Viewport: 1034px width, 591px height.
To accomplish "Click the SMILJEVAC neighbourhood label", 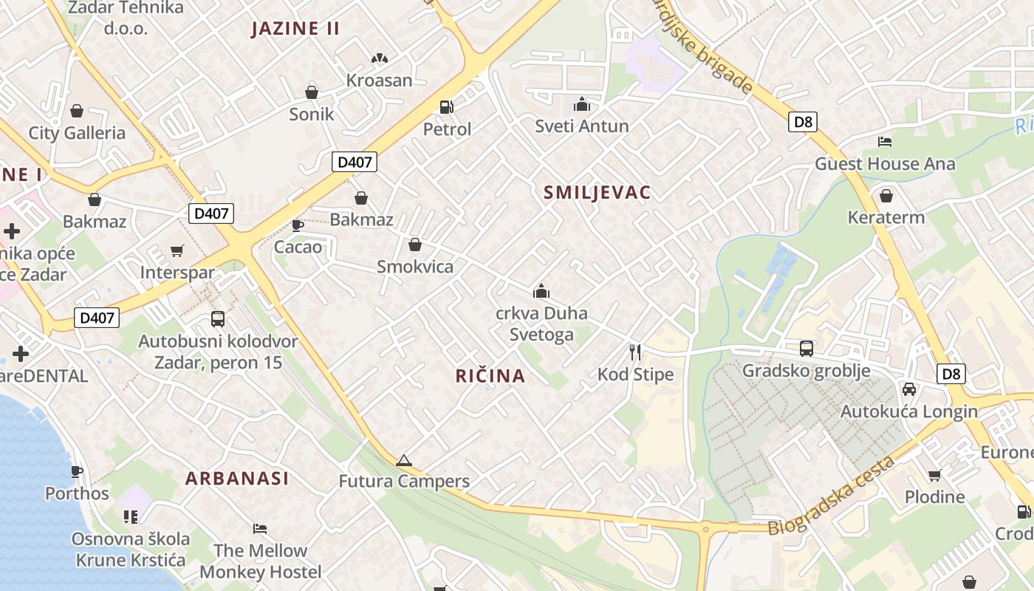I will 597,193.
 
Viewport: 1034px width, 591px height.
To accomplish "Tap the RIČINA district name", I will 490,376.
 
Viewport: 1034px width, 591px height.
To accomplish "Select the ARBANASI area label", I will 237,478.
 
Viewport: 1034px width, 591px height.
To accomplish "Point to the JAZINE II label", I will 295,29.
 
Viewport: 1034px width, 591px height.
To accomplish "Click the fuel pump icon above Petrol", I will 446,107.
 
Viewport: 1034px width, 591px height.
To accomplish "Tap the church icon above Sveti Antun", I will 582,104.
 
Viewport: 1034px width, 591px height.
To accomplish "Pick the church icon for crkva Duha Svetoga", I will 541,291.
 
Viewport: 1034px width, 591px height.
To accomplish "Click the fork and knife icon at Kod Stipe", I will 634,352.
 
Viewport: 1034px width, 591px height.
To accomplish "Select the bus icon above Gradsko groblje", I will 807,349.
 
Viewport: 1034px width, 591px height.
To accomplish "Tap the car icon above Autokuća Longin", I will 909,389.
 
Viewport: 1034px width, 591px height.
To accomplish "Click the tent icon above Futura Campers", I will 403,460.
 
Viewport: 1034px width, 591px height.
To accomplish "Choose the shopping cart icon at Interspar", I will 177,251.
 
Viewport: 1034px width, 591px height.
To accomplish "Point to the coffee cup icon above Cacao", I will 298,225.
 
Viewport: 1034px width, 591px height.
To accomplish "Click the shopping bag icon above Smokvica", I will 415,245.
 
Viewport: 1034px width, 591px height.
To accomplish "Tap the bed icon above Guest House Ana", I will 885,142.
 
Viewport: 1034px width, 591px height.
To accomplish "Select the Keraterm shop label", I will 886,218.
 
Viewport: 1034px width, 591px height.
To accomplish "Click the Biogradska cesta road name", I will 832,496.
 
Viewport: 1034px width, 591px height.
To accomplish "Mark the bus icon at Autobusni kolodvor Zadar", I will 218,319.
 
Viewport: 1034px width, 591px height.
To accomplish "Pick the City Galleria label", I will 77,133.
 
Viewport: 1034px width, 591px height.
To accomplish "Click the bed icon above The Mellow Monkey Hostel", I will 260,529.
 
